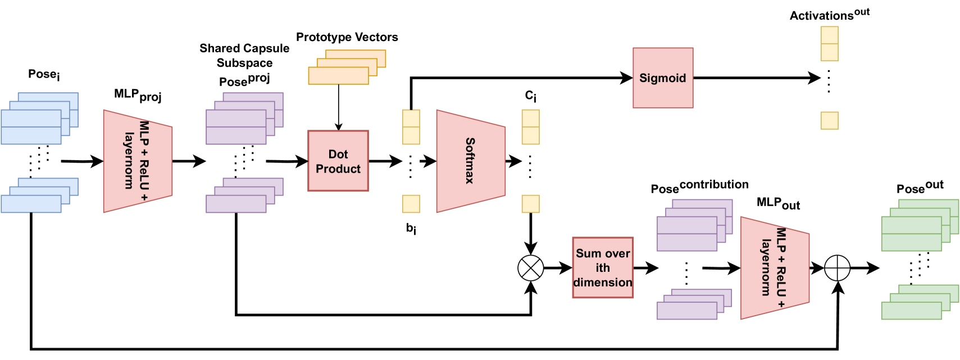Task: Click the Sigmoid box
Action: (x=663, y=78)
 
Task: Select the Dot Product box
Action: (x=338, y=161)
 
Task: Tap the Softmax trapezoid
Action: (x=471, y=161)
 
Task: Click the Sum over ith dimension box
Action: (x=603, y=267)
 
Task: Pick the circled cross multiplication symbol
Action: (x=531, y=268)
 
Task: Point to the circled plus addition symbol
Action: (x=837, y=268)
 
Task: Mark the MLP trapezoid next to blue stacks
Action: (x=138, y=161)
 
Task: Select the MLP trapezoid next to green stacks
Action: (x=775, y=268)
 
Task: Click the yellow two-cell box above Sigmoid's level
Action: (x=830, y=44)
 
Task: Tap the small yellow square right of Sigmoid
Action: (x=830, y=121)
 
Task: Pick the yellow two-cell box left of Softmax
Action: (x=411, y=127)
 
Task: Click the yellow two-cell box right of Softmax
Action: (x=531, y=127)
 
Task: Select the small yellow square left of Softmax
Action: (x=411, y=204)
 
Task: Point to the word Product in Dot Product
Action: (x=338, y=169)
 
